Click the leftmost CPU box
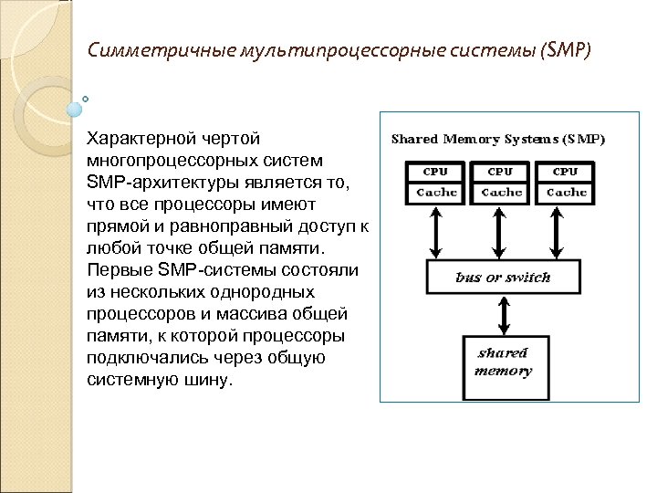point(436,171)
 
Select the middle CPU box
point(501,171)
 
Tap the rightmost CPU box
point(566,171)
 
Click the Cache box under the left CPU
point(436,192)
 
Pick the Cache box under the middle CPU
point(501,192)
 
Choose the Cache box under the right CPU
point(566,192)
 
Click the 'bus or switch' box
point(503,277)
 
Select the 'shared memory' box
point(503,362)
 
